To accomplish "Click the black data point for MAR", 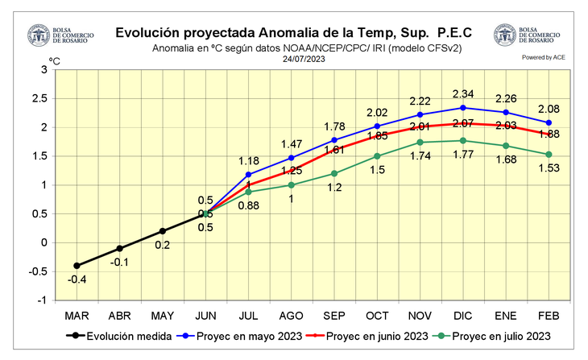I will [x=77, y=266].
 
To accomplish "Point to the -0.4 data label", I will [x=77, y=279].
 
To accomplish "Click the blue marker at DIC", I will [x=462, y=108].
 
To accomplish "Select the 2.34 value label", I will [x=462, y=94].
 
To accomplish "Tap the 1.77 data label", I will [x=462, y=155].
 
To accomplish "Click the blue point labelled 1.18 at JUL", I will [x=248, y=175].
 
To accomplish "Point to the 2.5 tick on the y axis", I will [x=41, y=99].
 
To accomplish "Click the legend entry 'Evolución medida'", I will [x=120, y=336].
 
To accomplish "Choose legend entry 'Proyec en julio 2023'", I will [x=499, y=336].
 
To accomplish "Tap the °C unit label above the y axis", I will [x=55, y=61].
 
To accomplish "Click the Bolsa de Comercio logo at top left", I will [x=38, y=36].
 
